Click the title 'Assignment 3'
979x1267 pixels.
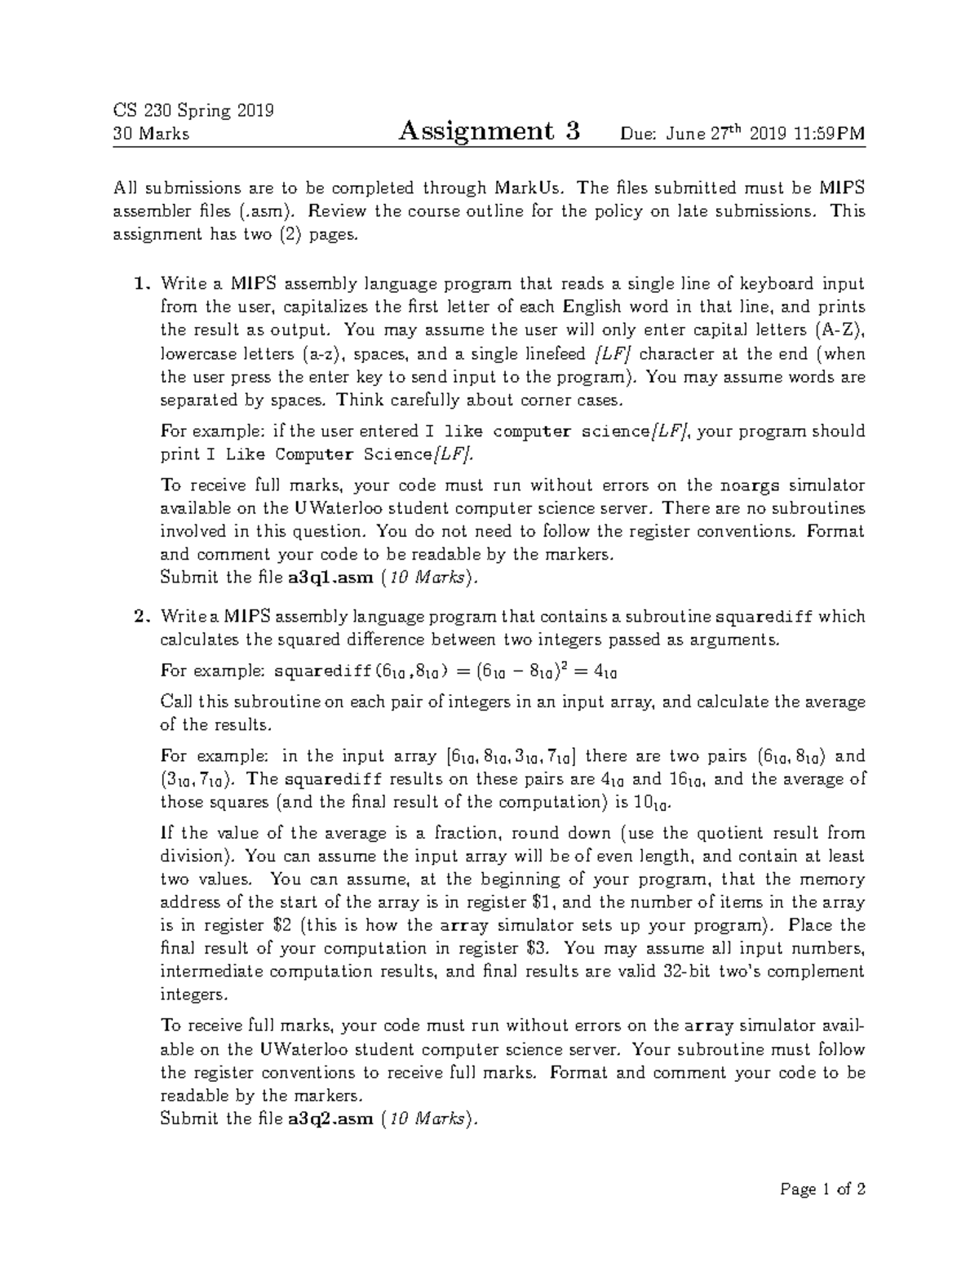coord(489,131)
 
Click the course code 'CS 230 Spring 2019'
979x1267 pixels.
coord(193,110)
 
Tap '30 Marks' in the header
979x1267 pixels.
coord(151,134)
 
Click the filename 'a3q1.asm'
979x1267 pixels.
coord(330,578)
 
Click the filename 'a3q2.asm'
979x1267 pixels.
coord(330,1119)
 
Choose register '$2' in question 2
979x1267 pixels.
coord(281,925)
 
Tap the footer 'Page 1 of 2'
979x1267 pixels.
coord(822,1189)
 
